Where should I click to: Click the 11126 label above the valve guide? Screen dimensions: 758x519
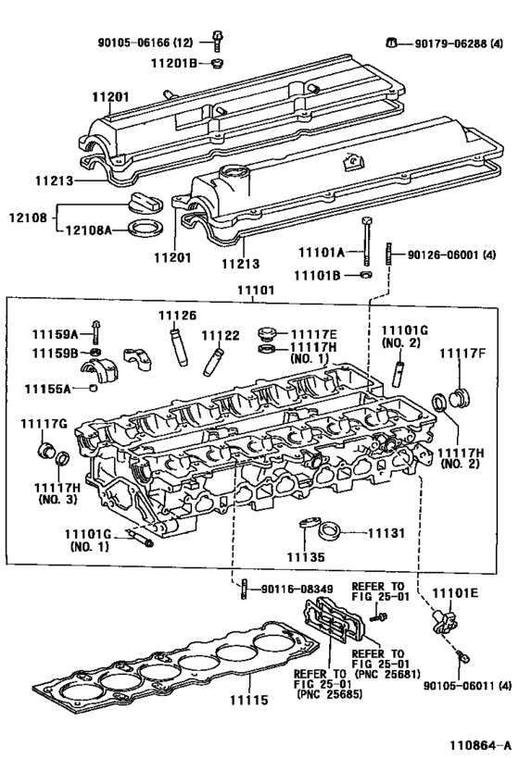tap(178, 316)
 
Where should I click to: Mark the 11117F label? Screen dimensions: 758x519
tap(462, 353)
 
